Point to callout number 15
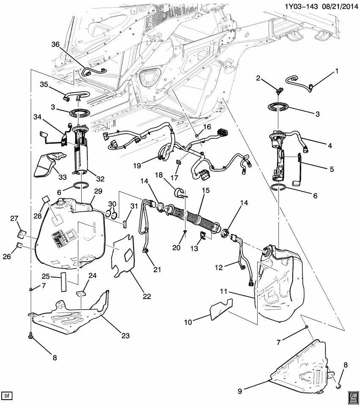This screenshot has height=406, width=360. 206,191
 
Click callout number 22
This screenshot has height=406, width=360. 146,296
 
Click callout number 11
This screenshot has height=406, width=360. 224,291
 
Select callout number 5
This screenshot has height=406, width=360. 332,169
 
